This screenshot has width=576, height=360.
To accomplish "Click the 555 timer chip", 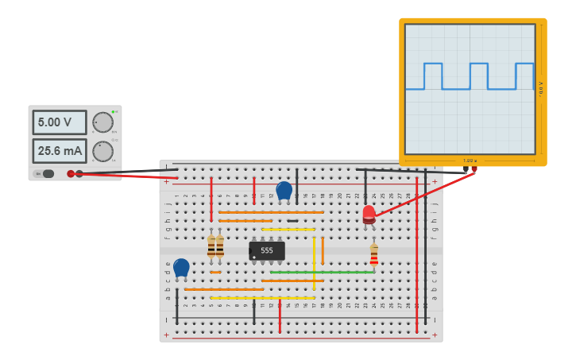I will coord(267,250).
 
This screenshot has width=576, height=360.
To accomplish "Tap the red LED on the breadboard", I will coord(369,214).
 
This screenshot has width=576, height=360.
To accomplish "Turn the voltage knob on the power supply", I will coord(102,122).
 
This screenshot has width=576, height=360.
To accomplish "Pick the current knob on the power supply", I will coord(102,151).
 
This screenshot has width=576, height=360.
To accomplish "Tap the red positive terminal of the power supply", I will coord(79,173).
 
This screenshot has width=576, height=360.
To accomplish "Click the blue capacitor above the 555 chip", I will coord(284,191).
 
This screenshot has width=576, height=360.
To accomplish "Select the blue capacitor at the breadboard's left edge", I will coord(181,268).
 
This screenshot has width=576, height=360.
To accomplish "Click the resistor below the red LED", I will coord(373,254).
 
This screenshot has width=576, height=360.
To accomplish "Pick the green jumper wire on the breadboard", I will coord(322,272).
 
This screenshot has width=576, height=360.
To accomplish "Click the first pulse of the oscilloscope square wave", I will coord(433,75).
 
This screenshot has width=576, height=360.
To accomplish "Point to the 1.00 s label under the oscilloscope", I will coord(469,161).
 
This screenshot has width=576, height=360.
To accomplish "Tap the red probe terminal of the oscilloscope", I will coord(474,168).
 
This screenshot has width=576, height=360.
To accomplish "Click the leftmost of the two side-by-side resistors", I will coord(211,246).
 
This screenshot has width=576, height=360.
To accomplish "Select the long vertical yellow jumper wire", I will coord(314,262).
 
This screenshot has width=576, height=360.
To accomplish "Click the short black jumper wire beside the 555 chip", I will coord(292,220).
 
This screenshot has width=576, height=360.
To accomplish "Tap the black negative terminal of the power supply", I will coord(71,173).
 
